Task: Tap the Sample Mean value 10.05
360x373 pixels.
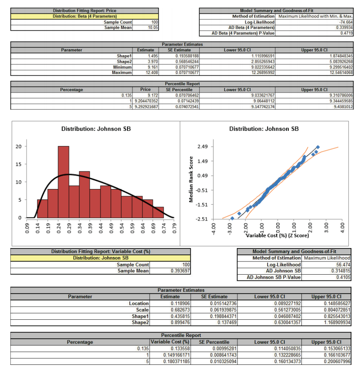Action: tap(153, 28)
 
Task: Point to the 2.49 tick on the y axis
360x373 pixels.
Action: tap(201, 147)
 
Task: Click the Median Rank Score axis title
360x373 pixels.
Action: tap(191, 179)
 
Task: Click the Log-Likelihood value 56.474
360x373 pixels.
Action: tap(344, 264)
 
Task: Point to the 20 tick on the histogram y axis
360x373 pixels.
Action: tap(18, 147)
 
